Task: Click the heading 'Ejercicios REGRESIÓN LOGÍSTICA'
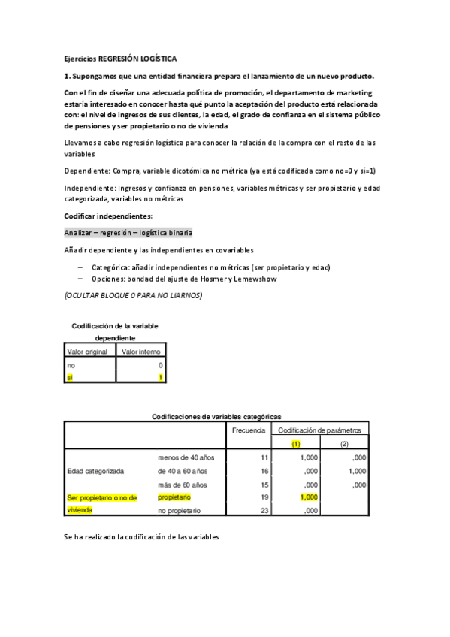(x=120, y=59)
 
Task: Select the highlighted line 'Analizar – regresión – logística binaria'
(x=128, y=233)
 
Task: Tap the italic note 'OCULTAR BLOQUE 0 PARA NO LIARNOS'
(x=133, y=295)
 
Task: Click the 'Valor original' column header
(x=88, y=351)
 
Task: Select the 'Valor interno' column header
(x=140, y=351)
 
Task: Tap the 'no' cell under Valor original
(x=71, y=364)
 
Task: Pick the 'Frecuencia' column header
(x=247, y=430)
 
